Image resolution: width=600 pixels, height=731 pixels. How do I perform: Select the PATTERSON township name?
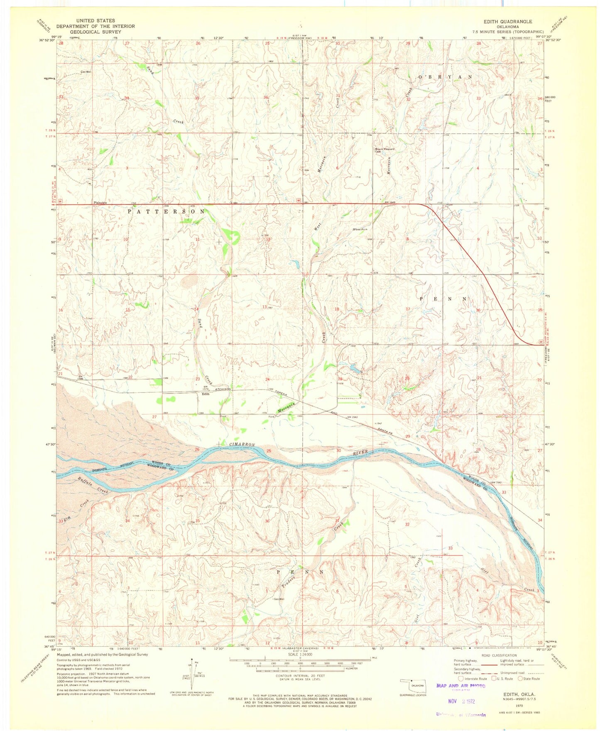(x=166, y=211)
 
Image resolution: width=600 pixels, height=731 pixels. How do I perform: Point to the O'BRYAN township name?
(x=445, y=77)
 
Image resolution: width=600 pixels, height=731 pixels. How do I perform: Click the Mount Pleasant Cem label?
(x=384, y=150)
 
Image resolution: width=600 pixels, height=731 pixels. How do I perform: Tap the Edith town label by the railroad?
(x=206, y=394)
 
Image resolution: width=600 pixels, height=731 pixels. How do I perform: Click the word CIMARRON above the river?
(x=242, y=444)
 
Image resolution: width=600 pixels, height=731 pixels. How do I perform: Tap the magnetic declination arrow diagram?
(x=192, y=672)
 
